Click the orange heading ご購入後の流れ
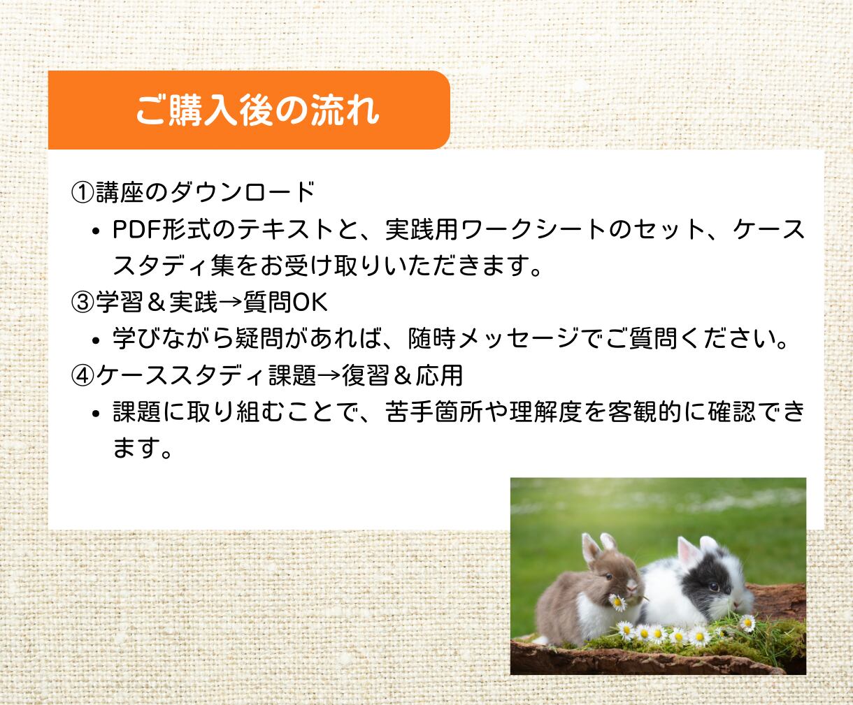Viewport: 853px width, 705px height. pos(257,110)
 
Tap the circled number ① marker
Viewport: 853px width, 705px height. pos(83,192)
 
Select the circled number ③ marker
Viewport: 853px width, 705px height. pos(83,303)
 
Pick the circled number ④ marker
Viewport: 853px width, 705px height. pos(83,376)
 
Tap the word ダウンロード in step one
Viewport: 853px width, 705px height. pos(242,192)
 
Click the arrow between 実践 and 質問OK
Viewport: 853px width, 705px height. pos(231,303)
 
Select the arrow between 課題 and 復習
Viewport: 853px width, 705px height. pos(329,376)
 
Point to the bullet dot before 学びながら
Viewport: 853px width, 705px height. pos(96,341)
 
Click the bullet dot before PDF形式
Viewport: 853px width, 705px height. pos(96,231)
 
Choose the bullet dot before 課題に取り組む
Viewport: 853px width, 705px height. pos(96,414)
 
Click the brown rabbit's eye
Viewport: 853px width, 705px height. pos(609,577)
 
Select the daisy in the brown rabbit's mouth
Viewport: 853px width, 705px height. pos(617,602)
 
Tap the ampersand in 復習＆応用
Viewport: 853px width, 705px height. pos(402,376)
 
